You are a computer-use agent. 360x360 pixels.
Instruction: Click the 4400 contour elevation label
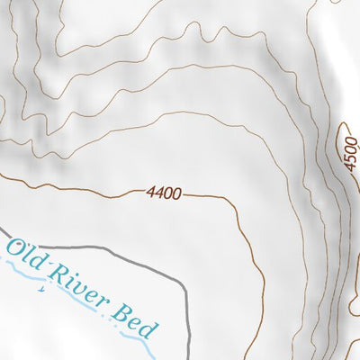(164, 193)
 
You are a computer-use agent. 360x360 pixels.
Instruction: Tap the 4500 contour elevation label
(350, 163)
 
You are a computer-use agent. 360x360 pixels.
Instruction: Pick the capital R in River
(61, 274)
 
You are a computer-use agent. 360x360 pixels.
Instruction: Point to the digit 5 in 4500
(350, 170)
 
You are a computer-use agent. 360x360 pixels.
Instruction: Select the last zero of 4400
(178, 193)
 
